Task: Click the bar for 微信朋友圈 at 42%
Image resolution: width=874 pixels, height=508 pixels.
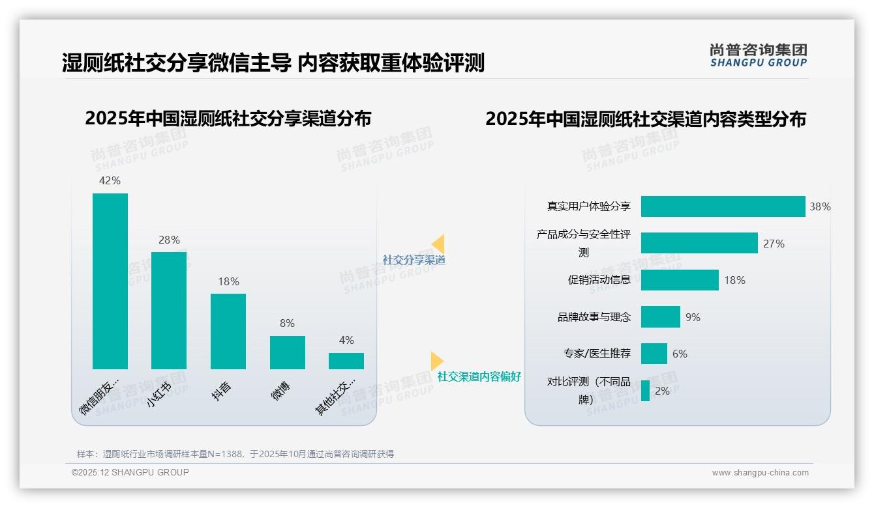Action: coord(110,281)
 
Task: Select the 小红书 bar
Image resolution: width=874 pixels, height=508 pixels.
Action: coord(169,310)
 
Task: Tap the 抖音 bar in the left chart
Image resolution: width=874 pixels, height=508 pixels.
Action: coord(228,331)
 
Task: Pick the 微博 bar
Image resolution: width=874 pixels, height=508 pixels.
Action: coord(287,352)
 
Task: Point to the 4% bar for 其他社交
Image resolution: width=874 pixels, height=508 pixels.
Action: coord(346,361)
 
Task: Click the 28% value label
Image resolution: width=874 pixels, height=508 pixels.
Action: coord(169,240)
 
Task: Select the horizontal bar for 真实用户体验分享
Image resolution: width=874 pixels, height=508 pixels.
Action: coord(723,206)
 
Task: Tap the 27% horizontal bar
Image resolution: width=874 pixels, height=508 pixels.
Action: coord(699,243)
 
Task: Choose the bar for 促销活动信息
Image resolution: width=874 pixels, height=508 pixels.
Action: coord(680,280)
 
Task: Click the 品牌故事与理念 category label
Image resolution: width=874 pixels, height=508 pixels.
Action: coord(594,317)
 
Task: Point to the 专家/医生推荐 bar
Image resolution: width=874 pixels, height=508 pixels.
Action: coord(654,354)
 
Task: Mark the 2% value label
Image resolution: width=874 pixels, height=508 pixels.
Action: coord(662,391)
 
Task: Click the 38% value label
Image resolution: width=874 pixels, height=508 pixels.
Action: coord(820,206)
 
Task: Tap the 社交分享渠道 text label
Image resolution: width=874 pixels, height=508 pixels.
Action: coord(414,260)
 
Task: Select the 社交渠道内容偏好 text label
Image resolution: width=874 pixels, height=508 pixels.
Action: coord(479,376)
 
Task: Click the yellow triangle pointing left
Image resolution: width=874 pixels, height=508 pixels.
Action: coord(438,244)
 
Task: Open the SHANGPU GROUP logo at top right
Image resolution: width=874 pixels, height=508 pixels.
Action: coord(758,55)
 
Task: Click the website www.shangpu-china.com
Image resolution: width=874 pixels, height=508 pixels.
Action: coord(760,473)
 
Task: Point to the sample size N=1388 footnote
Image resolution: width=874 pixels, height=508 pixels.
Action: coord(235,454)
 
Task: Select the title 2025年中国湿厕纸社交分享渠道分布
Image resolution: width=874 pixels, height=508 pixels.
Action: coord(228,119)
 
